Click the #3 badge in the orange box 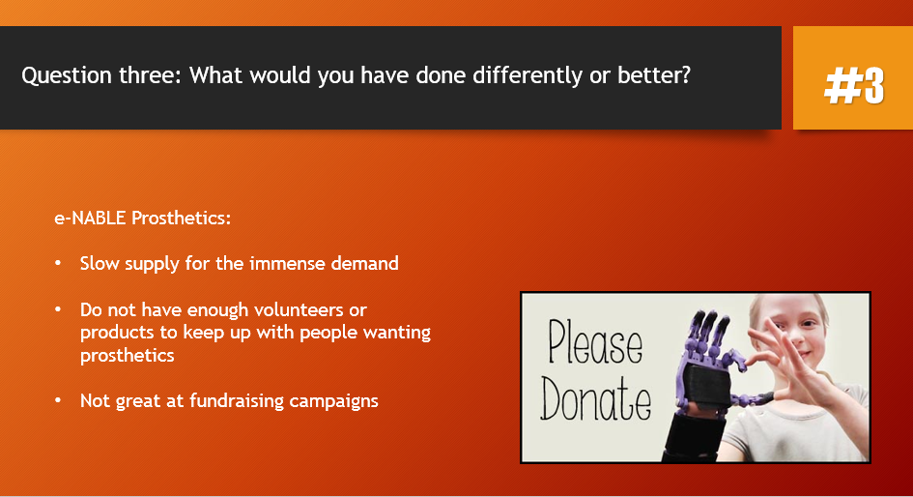[x=854, y=86]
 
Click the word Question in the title [x=67, y=76]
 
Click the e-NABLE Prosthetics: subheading [x=143, y=218]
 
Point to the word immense [x=288, y=263]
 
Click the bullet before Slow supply [x=58, y=263]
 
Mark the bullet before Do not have [x=58, y=309]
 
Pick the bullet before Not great [x=58, y=401]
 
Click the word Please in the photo [x=594, y=343]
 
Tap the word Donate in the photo [x=595, y=397]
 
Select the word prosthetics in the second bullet [x=127, y=356]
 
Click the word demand [x=364, y=263]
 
